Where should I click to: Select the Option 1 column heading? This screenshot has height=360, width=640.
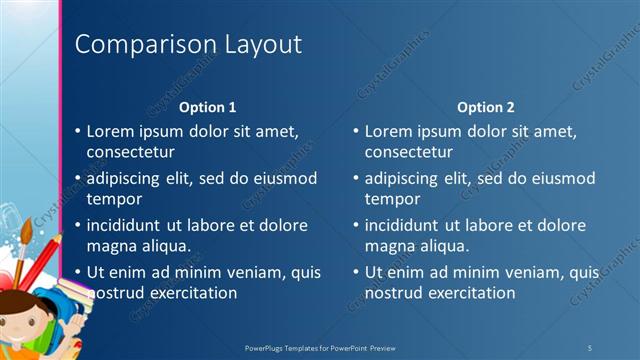pos(207,107)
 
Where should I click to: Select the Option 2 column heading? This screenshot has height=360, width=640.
pos(486,107)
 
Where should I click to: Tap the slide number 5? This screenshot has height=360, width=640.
pos(590,347)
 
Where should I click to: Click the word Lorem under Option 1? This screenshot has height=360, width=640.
pos(111,131)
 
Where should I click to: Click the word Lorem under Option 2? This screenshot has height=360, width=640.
pos(389,131)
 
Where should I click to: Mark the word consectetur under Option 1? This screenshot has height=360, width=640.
pos(131,152)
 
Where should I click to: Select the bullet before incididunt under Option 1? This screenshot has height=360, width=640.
pos(79,226)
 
